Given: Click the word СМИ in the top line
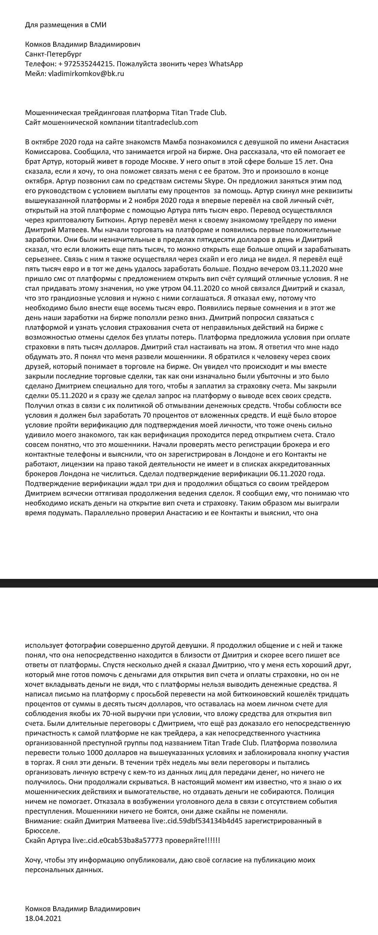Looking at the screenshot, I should [98, 25].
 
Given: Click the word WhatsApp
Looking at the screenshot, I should [226, 64].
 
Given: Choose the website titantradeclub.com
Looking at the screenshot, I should [167, 122].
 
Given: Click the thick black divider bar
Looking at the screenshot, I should [189, 583].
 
